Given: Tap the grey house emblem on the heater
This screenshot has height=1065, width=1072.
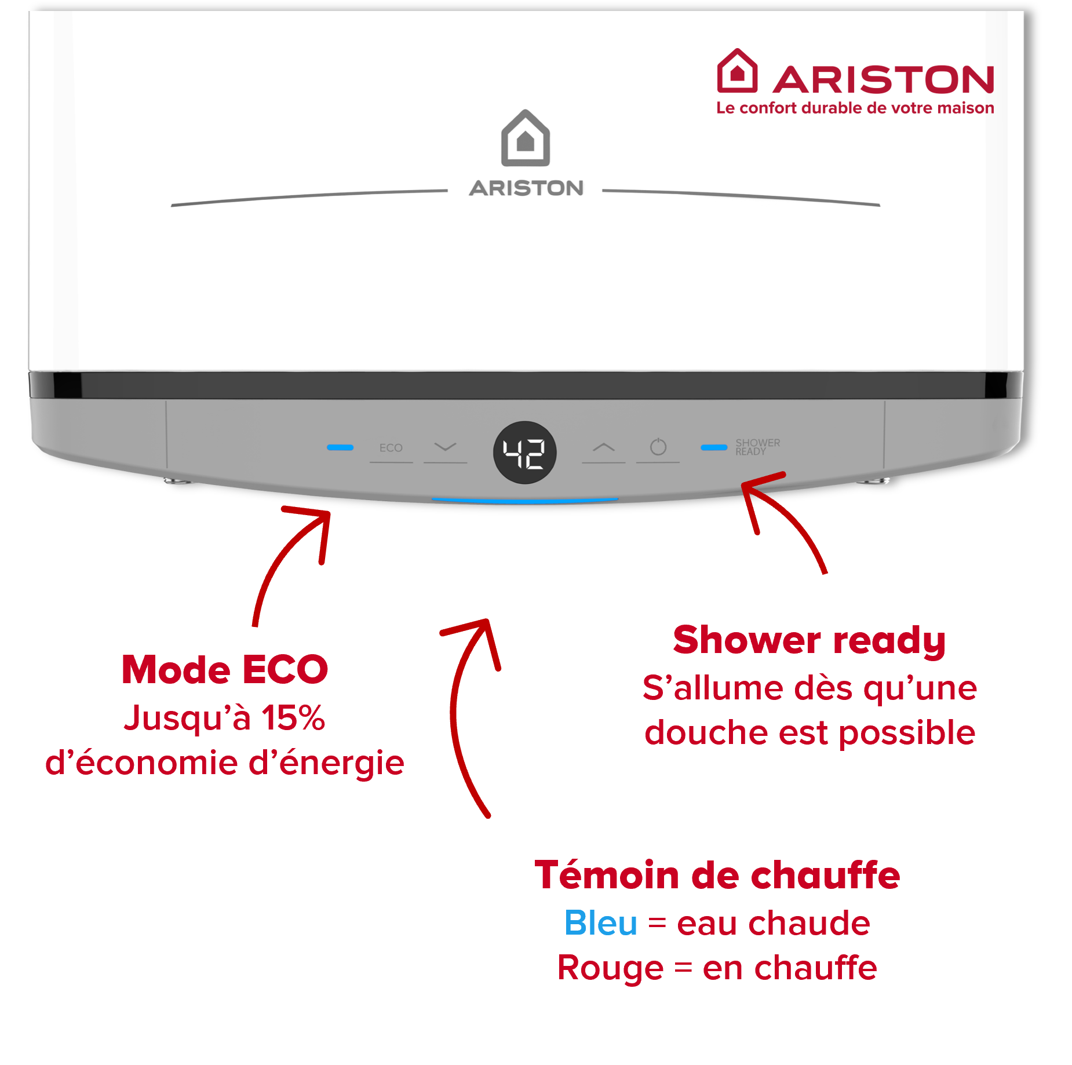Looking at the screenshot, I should pyautogui.click(x=525, y=138).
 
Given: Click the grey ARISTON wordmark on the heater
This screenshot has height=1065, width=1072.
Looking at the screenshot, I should pyautogui.click(x=526, y=188).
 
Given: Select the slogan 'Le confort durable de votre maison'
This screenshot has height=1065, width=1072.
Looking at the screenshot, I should pyautogui.click(x=855, y=108).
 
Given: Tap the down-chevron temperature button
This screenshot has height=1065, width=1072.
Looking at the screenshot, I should pyautogui.click(x=445, y=447).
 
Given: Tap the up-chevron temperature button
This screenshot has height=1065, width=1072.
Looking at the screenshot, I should pyautogui.click(x=603, y=447).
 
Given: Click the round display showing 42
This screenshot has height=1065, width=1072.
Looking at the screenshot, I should pyautogui.click(x=524, y=453).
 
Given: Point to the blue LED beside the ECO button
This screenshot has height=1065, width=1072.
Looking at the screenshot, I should pyautogui.click(x=340, y=447).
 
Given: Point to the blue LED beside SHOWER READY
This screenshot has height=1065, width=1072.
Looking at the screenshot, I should pyautogui.click(x=713, y=447).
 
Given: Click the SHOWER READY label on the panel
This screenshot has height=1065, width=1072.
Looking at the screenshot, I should pyautogui.click(x=757, y=447).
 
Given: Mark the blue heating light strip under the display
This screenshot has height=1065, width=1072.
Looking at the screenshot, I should pyautogui.click(x=524, y=499).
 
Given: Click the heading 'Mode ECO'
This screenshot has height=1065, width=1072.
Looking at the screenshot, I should pyautogui.click(x=225, y=670).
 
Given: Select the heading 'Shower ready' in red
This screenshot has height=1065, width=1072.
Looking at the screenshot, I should pyautogui.click(x=809, y=640).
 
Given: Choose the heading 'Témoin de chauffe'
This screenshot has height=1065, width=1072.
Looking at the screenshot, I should pyautogui.click(x=717, y=875).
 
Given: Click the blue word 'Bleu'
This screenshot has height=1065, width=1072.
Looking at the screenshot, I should pyautogui.click(x=600, y=923).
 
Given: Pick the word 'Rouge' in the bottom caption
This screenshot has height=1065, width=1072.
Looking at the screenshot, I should pyautogui.click(x=610, y=968).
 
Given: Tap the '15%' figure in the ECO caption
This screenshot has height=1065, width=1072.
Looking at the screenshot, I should pyautogui.click(x=293, y=718).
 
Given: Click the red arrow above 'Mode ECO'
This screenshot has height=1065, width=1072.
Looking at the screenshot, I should pyautogui.click(x=290, y=562).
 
